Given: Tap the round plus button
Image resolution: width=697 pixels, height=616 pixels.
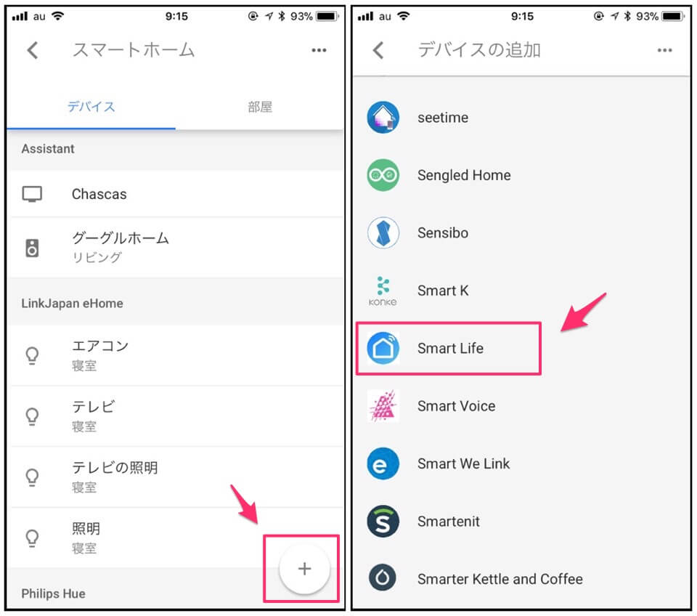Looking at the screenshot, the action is click(304, 568).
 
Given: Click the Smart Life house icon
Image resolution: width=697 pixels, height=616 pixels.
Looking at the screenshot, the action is click(383, 348).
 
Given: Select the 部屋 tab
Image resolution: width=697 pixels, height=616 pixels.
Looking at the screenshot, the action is click(260, 107).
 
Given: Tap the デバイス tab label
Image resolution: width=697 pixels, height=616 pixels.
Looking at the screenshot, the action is click(91, 107).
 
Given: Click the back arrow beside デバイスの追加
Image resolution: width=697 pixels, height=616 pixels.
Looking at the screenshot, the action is click(378, 50).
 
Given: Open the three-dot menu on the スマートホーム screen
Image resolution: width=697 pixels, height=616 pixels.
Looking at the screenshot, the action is click(319, 50).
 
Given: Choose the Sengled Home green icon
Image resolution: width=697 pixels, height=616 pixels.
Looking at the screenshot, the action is click(383, 175).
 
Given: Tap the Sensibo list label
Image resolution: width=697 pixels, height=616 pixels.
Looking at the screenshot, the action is click(443, 232).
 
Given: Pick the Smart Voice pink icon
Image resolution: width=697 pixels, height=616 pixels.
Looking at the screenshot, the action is click(383, 405).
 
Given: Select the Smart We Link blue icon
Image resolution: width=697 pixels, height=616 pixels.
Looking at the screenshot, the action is click(383, 463).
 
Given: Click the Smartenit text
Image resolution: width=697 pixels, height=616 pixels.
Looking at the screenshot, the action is click(449, 522).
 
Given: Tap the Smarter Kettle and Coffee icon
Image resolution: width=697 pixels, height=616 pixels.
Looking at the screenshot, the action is click(383, 578).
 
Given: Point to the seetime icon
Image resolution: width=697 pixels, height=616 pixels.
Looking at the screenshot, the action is click(383, 118).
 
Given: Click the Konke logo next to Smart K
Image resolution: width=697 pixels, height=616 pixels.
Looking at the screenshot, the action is click(383, 291).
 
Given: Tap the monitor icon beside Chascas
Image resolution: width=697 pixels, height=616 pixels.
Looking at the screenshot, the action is click(32, 195).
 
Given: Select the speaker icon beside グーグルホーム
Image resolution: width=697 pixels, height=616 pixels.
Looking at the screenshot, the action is click(32, 248).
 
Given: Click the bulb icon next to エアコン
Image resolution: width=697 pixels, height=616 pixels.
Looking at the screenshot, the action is click(32, 356).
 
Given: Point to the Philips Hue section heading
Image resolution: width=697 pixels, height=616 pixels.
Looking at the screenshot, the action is click(53, 593).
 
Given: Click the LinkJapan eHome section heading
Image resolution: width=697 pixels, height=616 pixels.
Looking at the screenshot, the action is click(72, 304).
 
